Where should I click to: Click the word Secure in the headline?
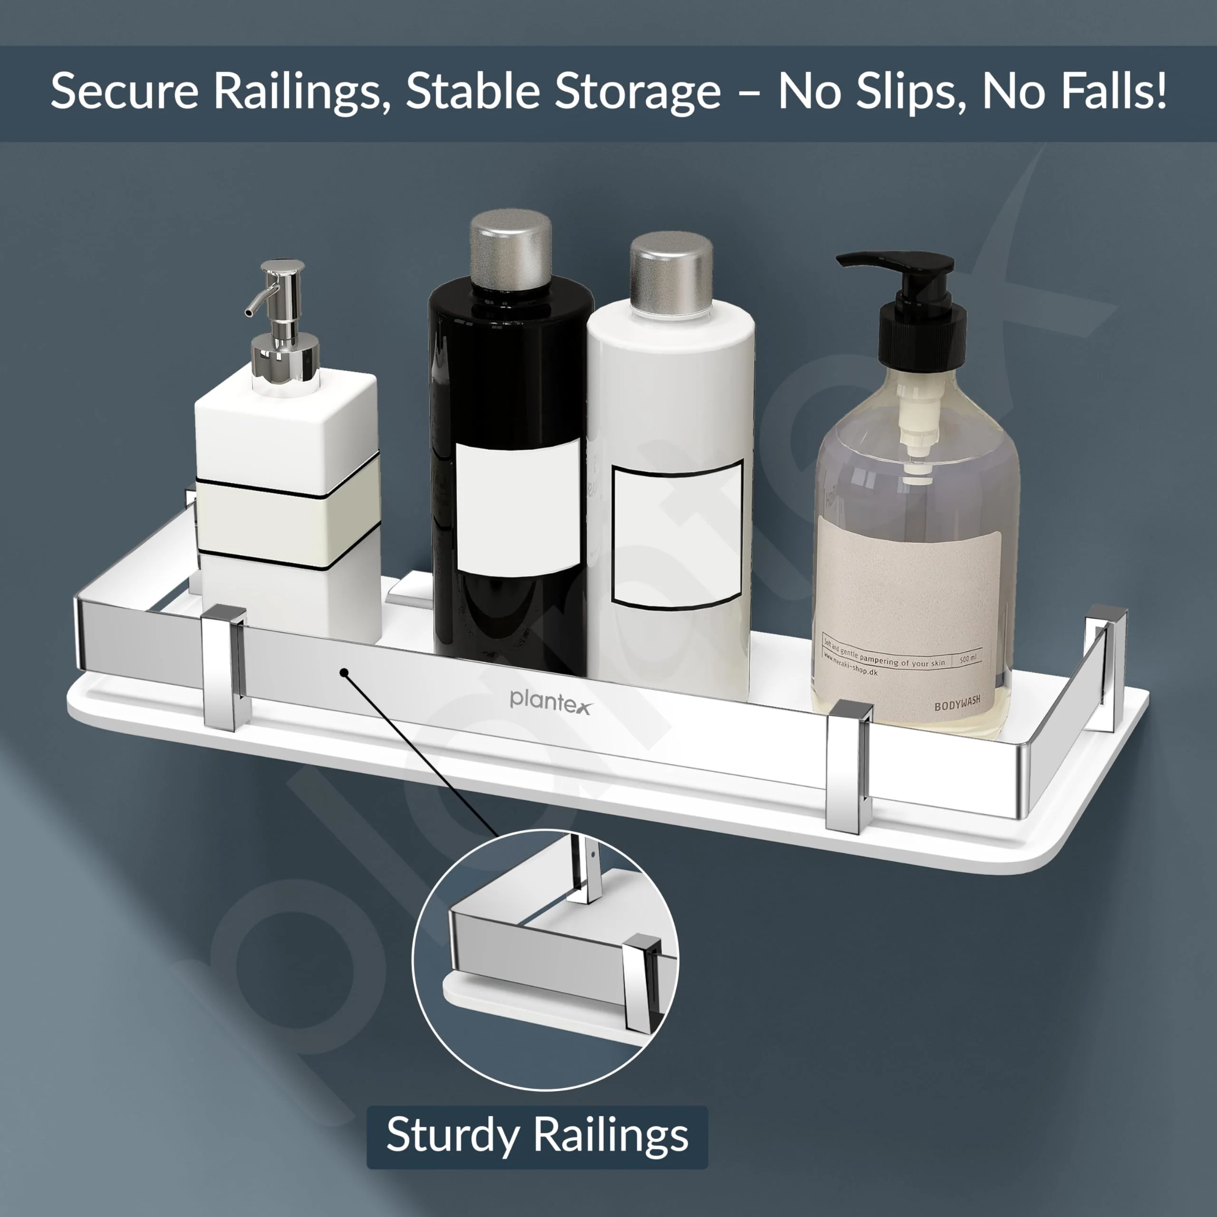tap(124, 91)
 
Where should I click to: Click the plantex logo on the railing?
tap(550, 700)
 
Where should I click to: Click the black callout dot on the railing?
tap(344, 672)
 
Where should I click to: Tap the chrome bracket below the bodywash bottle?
tap(849, 765)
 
